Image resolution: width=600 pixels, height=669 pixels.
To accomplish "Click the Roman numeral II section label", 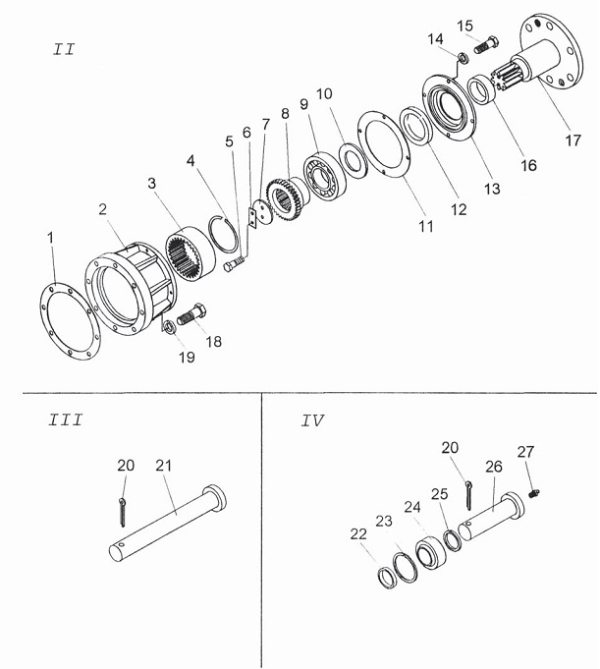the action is pyautogui.click(x=64, y=49).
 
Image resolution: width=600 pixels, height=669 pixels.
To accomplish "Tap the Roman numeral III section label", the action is pyautogui.click(x=65, y=420).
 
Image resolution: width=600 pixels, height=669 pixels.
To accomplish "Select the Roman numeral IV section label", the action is pyautogui.click(x=312, y=421).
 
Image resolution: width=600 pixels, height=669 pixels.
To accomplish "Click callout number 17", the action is pyautogui.click(x=573, y=139).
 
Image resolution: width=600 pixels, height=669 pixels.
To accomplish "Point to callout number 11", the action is pyautogui.click(x=426, y=226).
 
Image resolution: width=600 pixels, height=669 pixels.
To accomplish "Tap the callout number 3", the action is pyautogui.click(x=152, y=183).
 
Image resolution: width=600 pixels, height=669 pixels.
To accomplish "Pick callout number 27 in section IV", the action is pyautogui.click(x=525, y=452).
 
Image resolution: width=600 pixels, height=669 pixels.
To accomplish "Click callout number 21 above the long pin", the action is pyautogui.click(x=163, y=466).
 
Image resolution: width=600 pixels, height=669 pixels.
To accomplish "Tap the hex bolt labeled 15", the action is pyautogui.click(x=486, y=43).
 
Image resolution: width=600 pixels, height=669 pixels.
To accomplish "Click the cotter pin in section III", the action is pyautogui.click(x=123, y=512).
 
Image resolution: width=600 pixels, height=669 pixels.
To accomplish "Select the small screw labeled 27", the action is pyautogui.click(x=534, y=493).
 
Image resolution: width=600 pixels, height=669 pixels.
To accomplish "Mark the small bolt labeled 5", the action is pyautogui.click(x=235, y=263).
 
